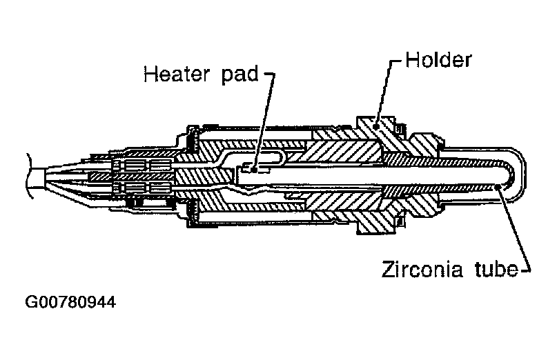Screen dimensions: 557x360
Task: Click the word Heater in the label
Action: coord(175,73)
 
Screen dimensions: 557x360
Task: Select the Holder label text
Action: coord(438,60)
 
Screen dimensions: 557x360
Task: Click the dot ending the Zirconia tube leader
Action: coord(499,187)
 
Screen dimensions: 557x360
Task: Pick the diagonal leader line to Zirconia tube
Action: coord(514,228)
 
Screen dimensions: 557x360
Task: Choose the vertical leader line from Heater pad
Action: coord(266,117)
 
